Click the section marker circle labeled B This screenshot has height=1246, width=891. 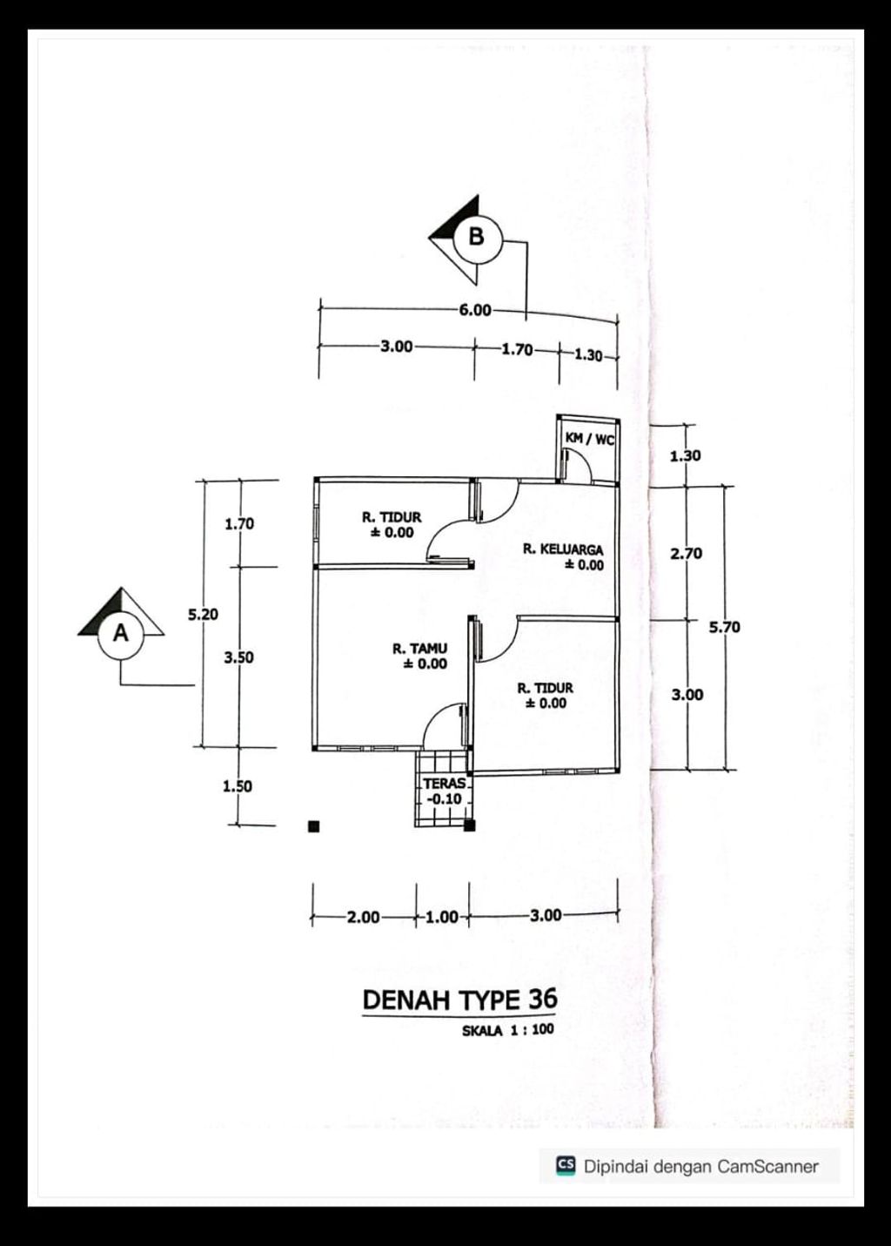(478, 239)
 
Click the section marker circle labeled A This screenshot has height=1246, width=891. (121, 636)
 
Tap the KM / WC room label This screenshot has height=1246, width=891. (589, 439)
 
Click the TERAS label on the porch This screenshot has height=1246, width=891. (445, 784)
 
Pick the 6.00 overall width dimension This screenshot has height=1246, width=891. (475, 310)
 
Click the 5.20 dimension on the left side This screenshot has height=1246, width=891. (203, 615)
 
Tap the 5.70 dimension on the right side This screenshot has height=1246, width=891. (724, 628)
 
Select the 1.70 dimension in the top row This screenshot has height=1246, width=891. (517, 350)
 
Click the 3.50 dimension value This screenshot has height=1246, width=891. (238, 657)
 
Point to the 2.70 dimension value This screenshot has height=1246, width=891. (687, 554)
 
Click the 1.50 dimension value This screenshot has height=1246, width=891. (238, 786)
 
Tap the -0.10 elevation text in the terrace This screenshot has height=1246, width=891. (444, 798)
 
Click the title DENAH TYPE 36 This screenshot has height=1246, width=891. (459, 1000)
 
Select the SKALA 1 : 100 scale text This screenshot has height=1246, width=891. (508, 1030)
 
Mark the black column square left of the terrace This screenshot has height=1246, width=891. (313, 826)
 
